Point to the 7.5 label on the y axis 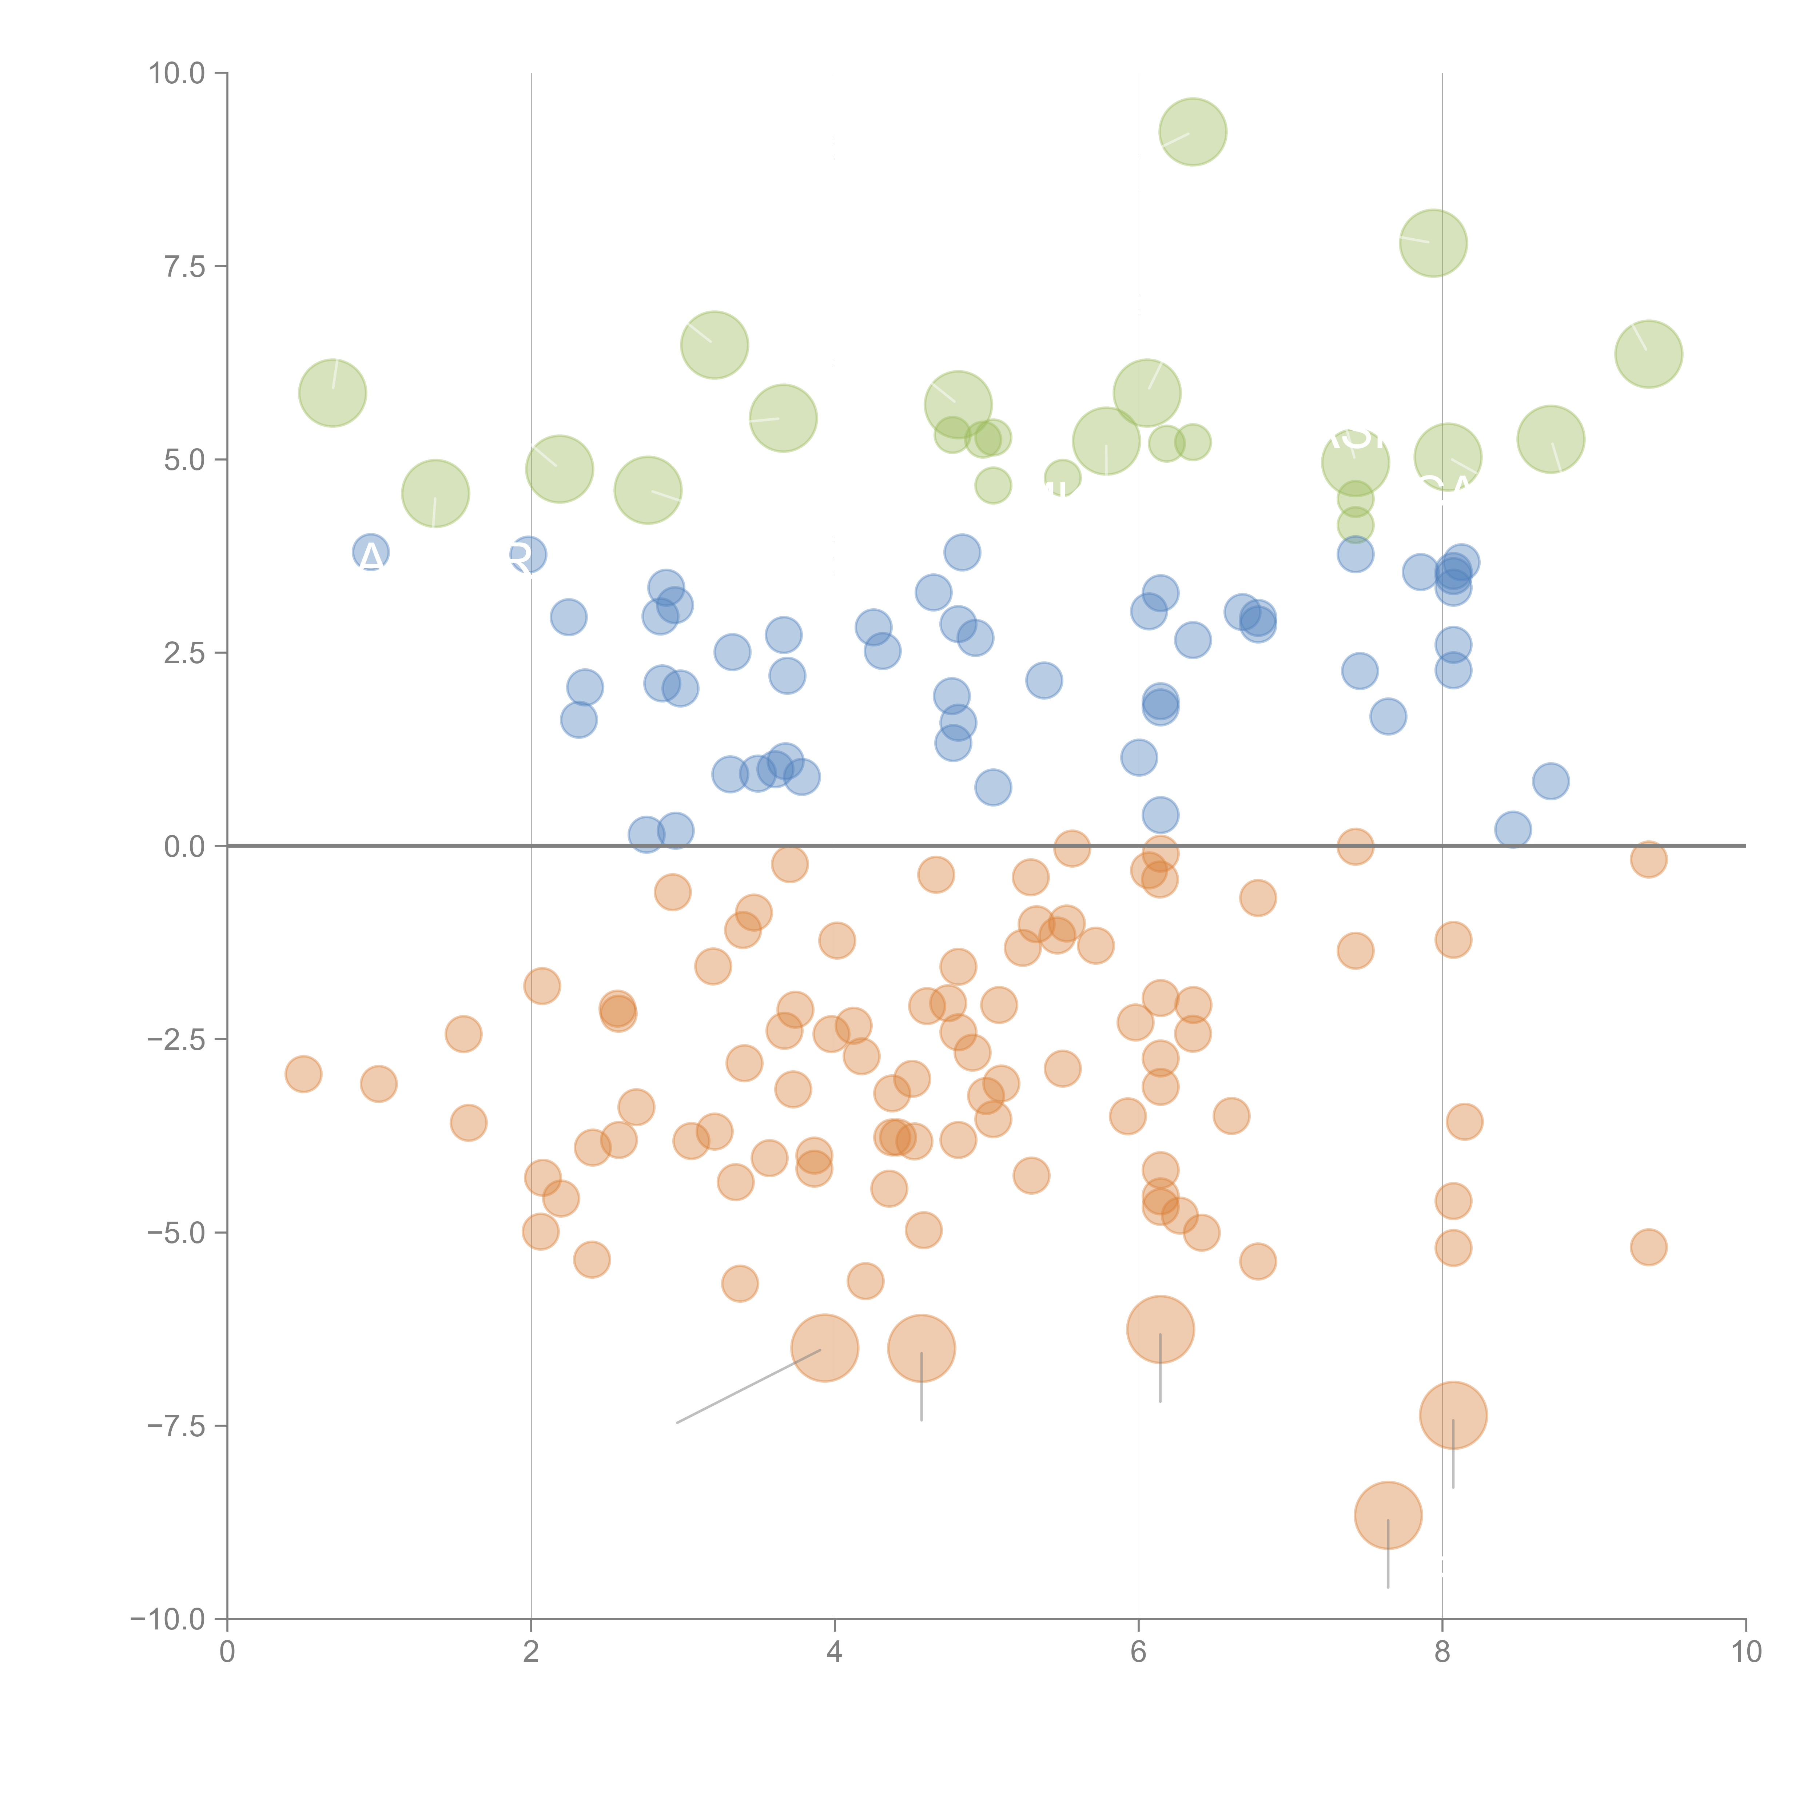(184, 266)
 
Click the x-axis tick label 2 (531, 1652)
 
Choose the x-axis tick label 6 (1138, 1652)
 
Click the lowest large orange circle (1388, 1515)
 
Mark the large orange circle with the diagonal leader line (825, 1347)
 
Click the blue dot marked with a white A (371, 553)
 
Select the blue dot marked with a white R (526, 554)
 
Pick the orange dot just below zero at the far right (1648, 859)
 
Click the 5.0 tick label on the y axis (184, 459)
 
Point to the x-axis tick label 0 (227, 1652)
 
